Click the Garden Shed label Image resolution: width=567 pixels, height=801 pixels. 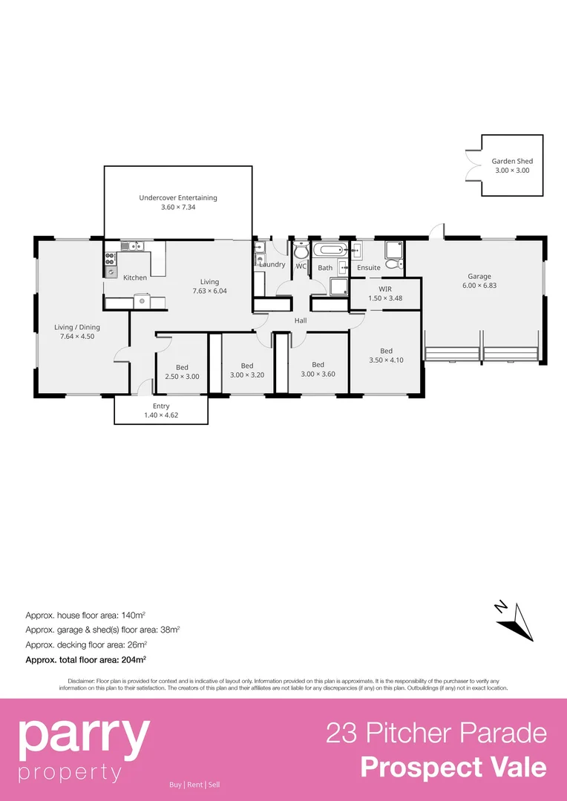512,161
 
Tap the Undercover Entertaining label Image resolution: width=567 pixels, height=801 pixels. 178,198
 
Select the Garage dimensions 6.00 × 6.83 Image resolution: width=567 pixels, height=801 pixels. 479,286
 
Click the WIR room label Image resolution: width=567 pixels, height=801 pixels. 385,289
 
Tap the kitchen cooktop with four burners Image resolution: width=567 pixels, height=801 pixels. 110,259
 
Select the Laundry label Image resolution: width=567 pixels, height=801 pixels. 272,265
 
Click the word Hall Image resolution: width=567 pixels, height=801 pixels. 301,320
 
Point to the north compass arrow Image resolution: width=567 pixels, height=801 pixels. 515,622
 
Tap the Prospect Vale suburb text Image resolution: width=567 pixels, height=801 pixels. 453,767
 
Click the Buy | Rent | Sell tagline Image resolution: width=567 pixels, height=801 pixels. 194,785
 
